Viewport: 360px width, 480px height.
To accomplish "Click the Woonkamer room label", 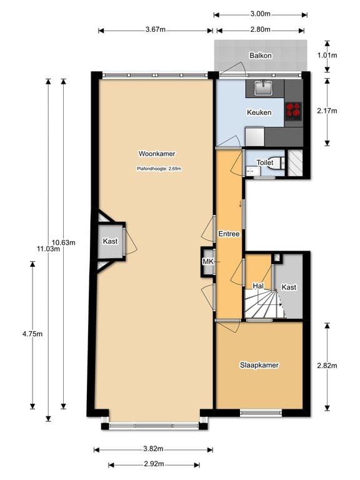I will tap(157, 153).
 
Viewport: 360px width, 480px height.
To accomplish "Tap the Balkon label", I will tap(260, 55).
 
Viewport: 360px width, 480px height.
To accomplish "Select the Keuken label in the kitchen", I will tap(259, 113).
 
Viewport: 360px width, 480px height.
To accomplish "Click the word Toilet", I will tap(265, 162).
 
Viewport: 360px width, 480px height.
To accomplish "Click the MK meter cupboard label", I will tap(207, 262).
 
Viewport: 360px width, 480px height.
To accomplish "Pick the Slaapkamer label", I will tap(259, 365).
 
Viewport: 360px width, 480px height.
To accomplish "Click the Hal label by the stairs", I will tap(257, 286).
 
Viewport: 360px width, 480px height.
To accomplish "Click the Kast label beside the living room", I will tap(111, 241).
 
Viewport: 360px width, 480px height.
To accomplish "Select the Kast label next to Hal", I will tap(289, 287).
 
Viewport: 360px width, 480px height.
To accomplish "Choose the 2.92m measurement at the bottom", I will tap(154, 464).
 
